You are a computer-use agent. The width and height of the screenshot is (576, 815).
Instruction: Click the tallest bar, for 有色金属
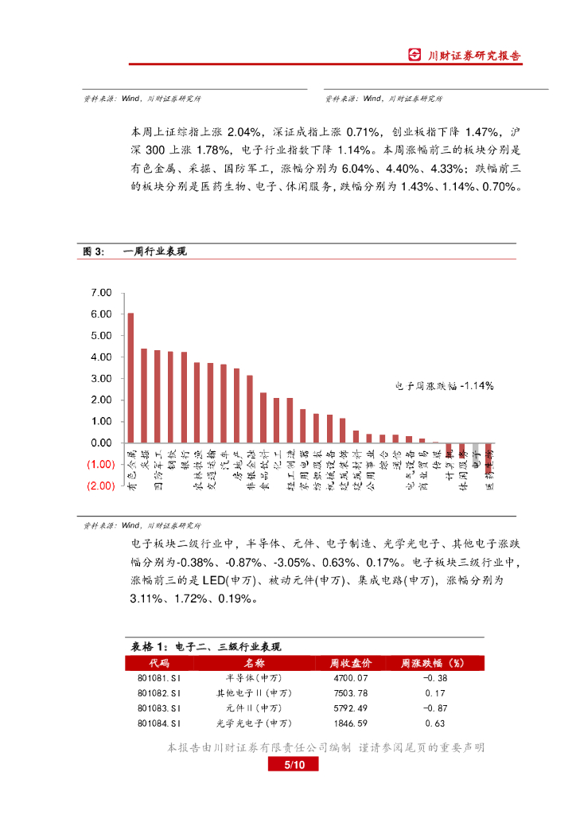[130, 378]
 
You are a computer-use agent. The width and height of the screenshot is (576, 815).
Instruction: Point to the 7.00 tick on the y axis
[102, 293]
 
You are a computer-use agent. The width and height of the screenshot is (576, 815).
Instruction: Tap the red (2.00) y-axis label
[101, 485]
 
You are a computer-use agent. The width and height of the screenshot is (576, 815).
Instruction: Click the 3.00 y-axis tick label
[102, 379]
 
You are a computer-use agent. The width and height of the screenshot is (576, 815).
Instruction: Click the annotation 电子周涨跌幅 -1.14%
[445, 385]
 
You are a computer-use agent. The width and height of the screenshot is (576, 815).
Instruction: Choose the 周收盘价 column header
[349, 663]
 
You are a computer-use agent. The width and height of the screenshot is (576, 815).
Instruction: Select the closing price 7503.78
[349, 692]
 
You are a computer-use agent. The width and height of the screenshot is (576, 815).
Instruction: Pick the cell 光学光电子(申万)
[255, 723]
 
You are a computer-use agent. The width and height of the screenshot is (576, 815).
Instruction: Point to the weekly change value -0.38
[434, 678]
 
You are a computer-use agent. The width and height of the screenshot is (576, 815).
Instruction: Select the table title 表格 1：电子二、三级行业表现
[206, 646]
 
